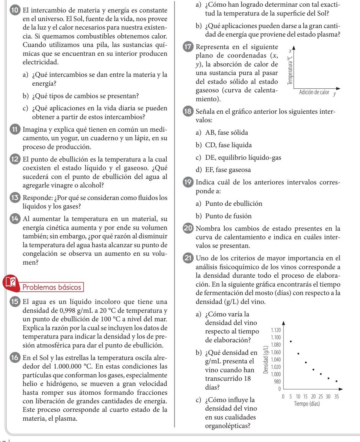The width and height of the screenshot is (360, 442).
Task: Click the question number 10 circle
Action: (x=14, y=10)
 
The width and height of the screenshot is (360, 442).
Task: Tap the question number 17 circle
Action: (x=188, y=47)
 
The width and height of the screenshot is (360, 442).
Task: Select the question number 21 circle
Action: (x=188, y=258)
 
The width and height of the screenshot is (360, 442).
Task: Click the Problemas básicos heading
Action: (x=52, y=287)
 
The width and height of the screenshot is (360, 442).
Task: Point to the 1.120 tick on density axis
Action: (x=276, y=330)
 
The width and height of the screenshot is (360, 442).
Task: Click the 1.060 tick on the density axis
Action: (x=276, y=352)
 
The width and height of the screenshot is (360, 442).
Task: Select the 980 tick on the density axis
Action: (x=277, y=381)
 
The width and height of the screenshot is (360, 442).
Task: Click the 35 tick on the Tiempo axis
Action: (x=336, y=397)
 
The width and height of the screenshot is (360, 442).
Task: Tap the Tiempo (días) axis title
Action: (x=307, y=404)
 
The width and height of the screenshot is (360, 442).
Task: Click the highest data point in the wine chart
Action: (x=291, y=341)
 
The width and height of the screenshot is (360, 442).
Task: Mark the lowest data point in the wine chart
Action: (x=336, y=381)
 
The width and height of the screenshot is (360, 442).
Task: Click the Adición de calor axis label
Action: (x=314, y=92)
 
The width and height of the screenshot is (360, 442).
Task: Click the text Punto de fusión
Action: (x=228, y=216)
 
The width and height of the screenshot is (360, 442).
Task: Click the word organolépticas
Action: (x=228, y=426)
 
